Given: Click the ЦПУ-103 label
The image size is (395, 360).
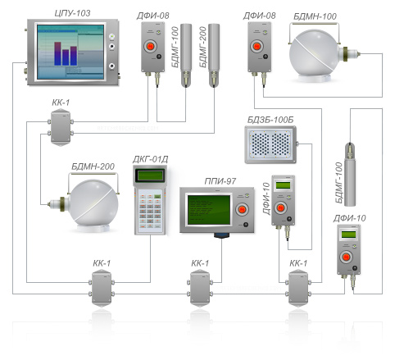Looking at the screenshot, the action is click(x=72, y=13).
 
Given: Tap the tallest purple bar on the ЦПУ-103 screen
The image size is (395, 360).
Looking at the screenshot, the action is click(x=57, y=53).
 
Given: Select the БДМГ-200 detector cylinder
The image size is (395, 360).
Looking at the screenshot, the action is click(x=214, y=56).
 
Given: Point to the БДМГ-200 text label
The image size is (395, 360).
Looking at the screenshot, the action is click(x=202, y=47).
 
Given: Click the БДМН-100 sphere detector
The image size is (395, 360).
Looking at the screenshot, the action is click(x=315, y=56).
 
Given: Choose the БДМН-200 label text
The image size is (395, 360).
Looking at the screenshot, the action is click(x=93, y=166).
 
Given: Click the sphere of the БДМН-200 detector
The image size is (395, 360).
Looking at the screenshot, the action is click(x=93, y=203).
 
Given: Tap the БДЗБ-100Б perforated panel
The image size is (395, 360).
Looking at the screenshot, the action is click(x=270, y=144).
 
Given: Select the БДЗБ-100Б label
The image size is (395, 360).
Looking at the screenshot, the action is click(x=270, y=120).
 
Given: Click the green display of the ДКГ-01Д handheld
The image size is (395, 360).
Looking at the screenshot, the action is click(x=151, y=175).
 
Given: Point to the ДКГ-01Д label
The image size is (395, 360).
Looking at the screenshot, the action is click(x=150, y=159).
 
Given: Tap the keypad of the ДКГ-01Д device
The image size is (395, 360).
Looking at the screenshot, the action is click(x=150, y=210).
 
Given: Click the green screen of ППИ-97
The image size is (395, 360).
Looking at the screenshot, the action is click(x=209, y=210).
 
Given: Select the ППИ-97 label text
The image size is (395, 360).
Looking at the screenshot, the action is click(x=220, y=181).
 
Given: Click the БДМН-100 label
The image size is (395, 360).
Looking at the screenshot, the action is click(x=315, y=16).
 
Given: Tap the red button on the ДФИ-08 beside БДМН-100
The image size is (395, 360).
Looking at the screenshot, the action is click(x=257, y=46).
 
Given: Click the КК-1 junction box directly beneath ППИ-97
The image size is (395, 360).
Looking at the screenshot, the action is click(x=200, y=288).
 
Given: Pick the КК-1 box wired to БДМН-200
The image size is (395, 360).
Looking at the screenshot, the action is click(x=61, y=127).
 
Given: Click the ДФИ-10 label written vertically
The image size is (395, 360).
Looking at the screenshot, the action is click(x=266, y=198).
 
